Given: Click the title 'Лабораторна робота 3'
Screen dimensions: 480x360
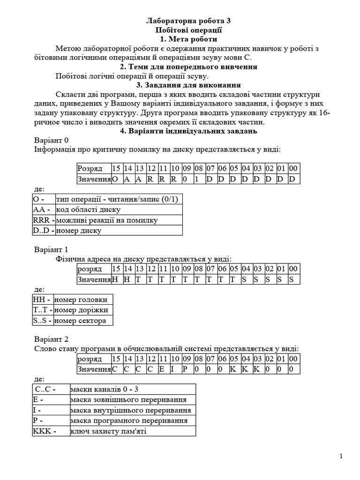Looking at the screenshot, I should pyautogui.click(x=188, y=21).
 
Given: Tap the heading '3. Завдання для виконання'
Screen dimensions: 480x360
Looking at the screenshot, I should pyautogui.click(x=188, y=85).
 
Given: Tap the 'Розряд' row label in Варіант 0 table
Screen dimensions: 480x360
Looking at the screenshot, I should pyautogui.click(x=94, y=168).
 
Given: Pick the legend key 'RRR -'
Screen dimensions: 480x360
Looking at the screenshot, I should pyautogui.click(x=44, y=220).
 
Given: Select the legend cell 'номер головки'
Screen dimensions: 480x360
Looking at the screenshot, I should pyautogui.click(x=82, y=300).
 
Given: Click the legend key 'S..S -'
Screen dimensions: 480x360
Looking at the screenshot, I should pyautogui.click(x=43, y=321).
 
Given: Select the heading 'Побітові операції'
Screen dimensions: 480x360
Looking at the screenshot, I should pyautogui.click(x=188, y=30).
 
